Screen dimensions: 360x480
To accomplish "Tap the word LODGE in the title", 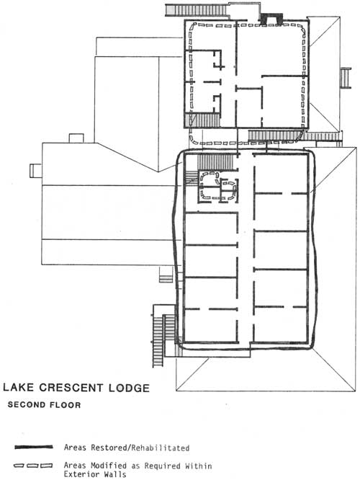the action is (x=129, y=388).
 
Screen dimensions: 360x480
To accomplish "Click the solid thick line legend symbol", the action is (x=34, y=448).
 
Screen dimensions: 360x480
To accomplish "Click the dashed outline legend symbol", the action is (x=33, y=466).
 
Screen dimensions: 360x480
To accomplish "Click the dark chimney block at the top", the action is (x=271, y=18).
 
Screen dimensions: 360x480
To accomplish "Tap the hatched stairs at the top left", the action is (x=196, y=10).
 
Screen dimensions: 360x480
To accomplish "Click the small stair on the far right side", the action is (x=346, y=78).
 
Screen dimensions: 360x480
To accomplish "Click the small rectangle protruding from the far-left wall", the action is (x=36, y=171).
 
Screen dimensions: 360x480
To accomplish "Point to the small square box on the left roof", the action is (x=76, y=138).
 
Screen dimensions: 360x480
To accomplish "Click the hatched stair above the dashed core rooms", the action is (x=216, y=161).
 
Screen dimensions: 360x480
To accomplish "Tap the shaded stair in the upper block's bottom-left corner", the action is (x=202, y=120).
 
